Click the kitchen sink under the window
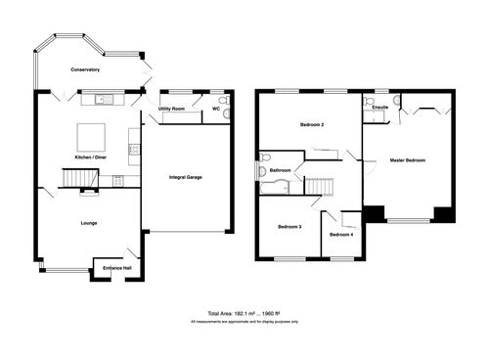tap(103, 99)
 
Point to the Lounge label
tap(89, 223)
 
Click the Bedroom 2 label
tap(310, 126)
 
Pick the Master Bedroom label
tap(408, 159)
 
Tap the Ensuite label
tap(380, 107)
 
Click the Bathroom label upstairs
tap(281, 170)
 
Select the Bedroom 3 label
tap(289, 226)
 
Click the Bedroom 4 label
tap(340, 235)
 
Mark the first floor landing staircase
tap(320, 186)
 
